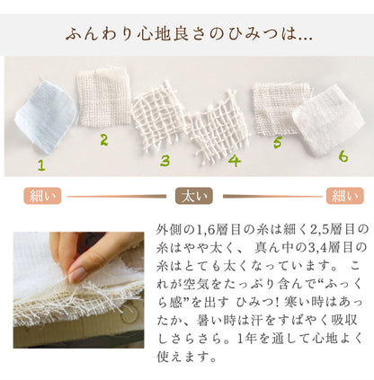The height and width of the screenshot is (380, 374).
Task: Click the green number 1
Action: (41, 165)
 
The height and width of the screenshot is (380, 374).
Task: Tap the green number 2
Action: (104, 140)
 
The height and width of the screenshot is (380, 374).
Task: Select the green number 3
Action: (165, 161)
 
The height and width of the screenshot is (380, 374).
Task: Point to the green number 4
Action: (235, 161)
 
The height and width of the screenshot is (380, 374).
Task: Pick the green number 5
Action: (278, 142)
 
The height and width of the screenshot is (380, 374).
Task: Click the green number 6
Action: (343, 156)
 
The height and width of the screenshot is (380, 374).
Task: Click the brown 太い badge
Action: (194, 196)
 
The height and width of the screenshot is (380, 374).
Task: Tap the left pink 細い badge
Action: (42, 196)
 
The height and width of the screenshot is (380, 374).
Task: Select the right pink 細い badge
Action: (344, 196)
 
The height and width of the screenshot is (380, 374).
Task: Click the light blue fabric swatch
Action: (45, 115)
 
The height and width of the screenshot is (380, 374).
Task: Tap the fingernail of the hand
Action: (77, 275)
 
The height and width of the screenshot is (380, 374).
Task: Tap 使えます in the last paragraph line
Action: (183, 357)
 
